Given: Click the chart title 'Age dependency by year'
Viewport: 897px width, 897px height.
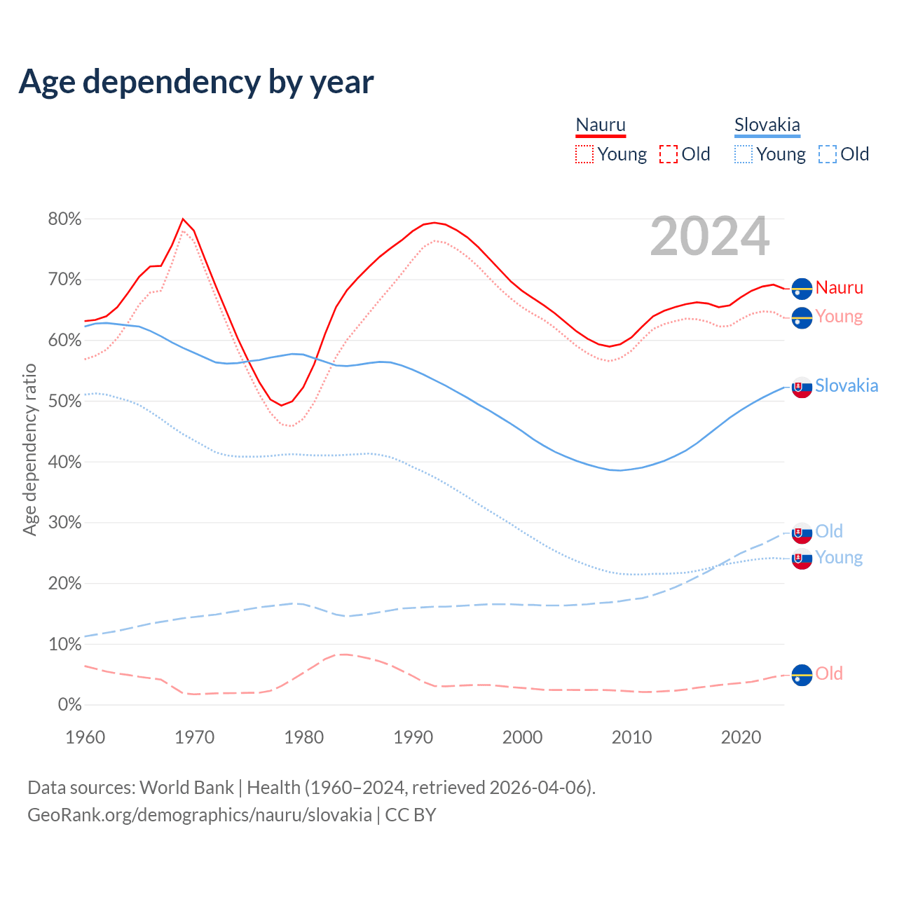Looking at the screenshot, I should point(196,82).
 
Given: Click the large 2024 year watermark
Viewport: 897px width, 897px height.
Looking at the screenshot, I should point(709,237).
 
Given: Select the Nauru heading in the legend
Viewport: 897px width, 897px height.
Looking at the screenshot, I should point(601,125).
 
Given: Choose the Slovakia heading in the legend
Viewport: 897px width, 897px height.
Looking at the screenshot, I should point(767,125).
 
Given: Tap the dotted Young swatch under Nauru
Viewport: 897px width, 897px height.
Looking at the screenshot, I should point(584,154).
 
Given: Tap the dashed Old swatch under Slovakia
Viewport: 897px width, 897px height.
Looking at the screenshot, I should point(828,154).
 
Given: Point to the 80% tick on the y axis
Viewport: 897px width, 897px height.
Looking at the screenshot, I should point(64,219).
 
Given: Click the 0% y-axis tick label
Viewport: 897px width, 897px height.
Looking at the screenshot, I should point(69,705).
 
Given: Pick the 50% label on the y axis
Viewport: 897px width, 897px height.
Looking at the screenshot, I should point(64,402).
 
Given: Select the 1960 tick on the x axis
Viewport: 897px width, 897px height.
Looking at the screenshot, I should point(85,737).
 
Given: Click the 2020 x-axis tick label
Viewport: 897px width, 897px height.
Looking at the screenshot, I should point(741,737).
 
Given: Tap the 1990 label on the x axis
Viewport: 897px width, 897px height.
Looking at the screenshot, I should point(413,737).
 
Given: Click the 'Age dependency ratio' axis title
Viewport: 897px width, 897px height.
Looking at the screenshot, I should point(29,449).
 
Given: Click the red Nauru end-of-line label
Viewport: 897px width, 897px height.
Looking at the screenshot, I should point(839,287).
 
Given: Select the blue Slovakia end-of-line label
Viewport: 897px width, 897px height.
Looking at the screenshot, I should point(847,385).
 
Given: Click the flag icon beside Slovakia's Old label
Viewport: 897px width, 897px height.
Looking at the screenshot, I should point(802,533).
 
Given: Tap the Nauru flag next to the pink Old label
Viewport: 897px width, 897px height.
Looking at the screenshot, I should point(802,675).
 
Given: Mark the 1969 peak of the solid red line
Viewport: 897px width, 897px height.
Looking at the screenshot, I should point(183,219).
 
